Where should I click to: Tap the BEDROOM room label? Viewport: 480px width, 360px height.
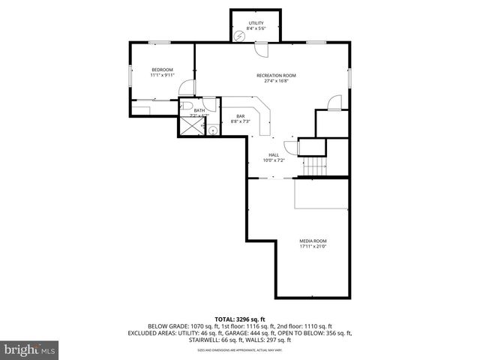click(x=162, y=70)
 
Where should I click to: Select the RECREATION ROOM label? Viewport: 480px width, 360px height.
click(x=276, y=75)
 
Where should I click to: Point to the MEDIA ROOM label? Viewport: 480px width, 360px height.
click(x=313, y=240)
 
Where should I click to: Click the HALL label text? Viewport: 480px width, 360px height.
click(x=274, y=154)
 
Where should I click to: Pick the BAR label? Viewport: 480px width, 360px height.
click(x=241, y=115)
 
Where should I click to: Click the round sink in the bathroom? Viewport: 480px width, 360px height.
click(x=213, y=130)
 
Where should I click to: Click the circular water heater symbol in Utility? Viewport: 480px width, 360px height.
click(x=240, y=35)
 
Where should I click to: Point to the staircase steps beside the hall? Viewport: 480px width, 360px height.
click(x=316, y=166)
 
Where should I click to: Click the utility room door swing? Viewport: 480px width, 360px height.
click(x=261, y=50)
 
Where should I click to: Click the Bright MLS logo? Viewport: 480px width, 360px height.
click(x=29, y=349)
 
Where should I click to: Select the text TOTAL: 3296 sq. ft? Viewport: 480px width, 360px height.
click(x=240, y=319)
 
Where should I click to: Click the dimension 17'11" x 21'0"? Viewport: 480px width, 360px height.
click(x=313, y=245)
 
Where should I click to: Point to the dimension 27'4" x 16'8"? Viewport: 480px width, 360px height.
click(x=276, y=80)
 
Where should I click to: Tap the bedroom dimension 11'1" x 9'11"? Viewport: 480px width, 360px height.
click(x=162, y=75)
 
